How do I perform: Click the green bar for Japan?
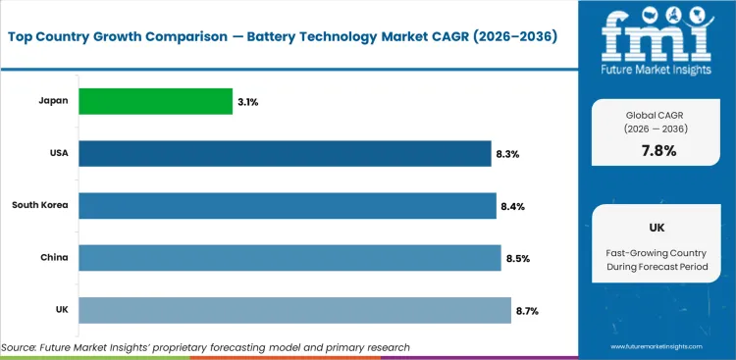point(155,101)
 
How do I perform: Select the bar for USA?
point(285,153)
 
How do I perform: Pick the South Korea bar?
point(287,205)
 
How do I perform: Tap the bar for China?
point(289,258)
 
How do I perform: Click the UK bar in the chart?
point(294,310)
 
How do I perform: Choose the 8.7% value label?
point(527,311)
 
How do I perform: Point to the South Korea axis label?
point(39,205)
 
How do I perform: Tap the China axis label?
point(53,258)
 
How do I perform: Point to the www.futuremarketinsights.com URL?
point(659,347)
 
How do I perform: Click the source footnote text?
point(205,347)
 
